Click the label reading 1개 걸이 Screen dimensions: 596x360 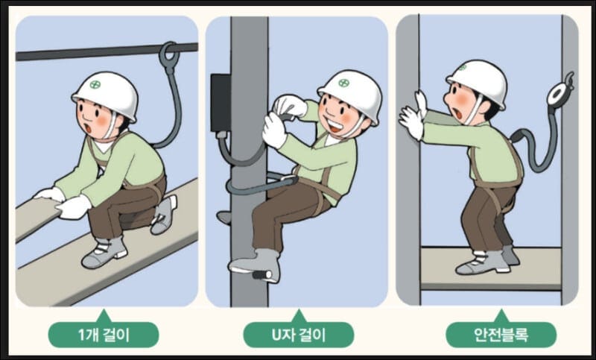point(104,335)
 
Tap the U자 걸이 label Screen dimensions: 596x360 point(299,335)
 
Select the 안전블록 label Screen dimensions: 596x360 point(501,335)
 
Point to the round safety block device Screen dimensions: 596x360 point(557,94)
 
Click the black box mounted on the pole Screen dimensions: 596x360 point(221,103)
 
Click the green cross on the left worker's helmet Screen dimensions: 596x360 point(95,84)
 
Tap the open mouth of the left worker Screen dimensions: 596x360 point(88,128)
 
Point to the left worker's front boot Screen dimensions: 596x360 point(104,252)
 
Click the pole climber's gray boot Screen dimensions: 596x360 point(255,263)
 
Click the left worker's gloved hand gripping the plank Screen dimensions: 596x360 point(74,206)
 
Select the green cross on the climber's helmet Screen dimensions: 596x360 point(343,83)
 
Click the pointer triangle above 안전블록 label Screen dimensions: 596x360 point(501,316)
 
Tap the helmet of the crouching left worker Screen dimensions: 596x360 point(105,96)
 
